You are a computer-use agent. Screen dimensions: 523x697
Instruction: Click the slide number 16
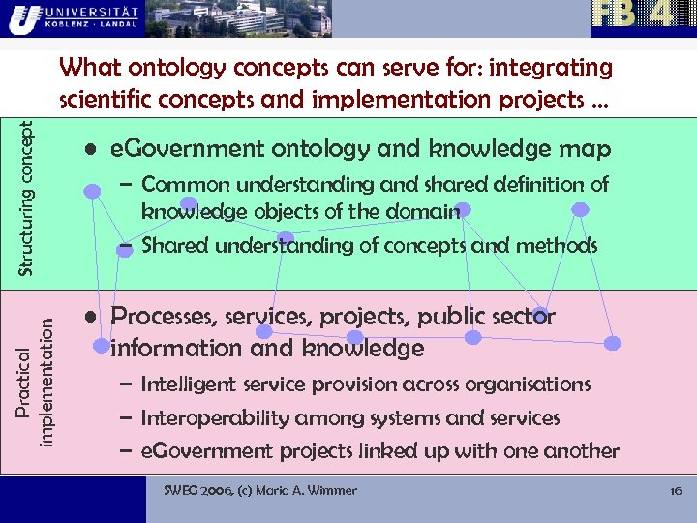(677, 491)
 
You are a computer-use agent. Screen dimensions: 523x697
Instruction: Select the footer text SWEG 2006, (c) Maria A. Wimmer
(260, 491)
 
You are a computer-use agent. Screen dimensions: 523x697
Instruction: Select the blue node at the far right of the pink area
(613, 343)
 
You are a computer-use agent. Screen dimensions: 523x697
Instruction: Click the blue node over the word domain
(463, 209)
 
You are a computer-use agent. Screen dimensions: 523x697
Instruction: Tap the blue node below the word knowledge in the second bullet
(354, 337)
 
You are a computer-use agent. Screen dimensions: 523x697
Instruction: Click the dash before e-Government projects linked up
(126, 451)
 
